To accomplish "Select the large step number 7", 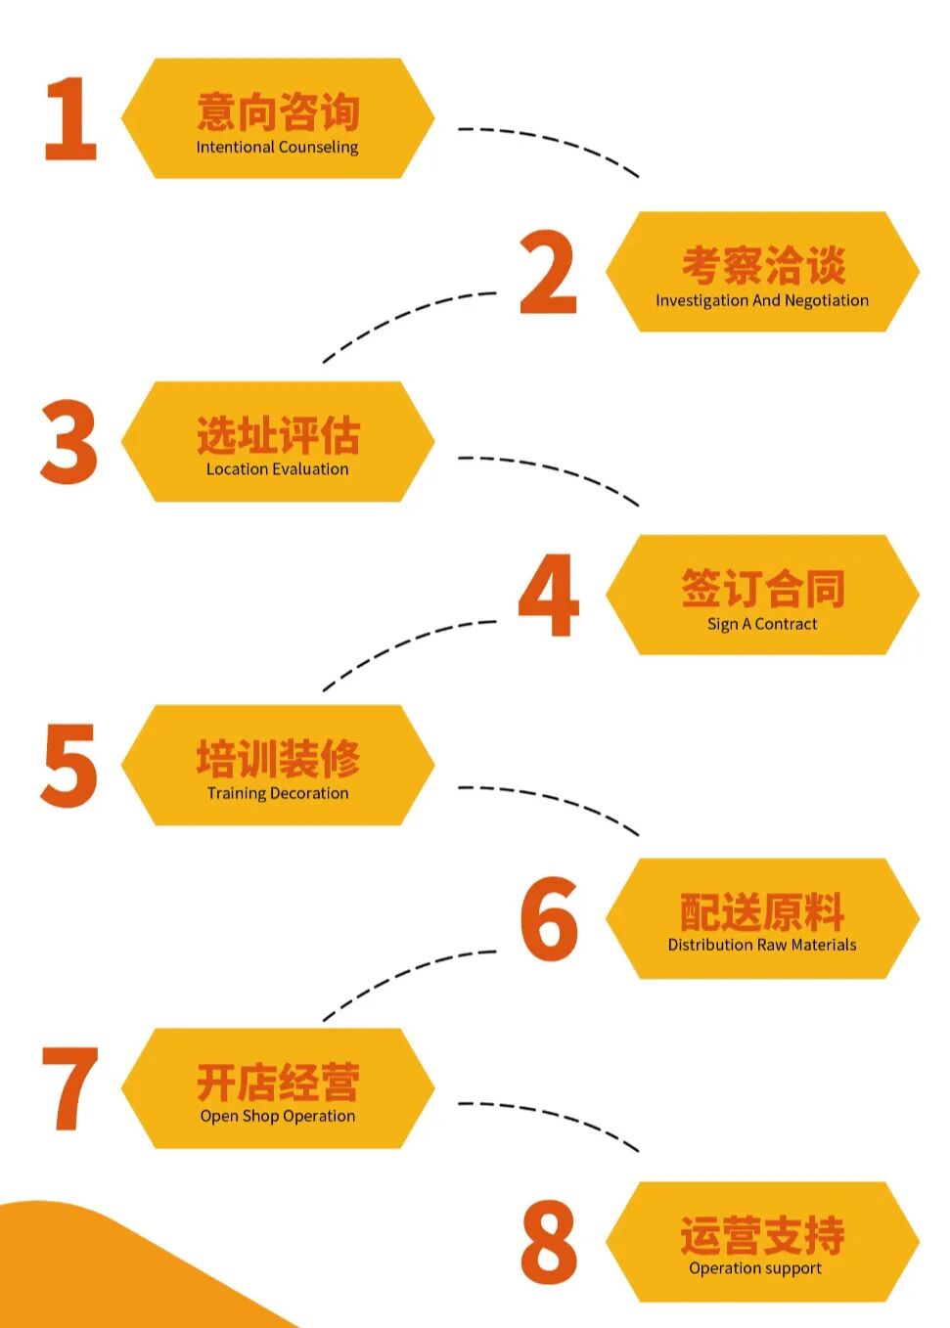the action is [70, 1088].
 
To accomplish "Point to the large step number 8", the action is [549, 1242].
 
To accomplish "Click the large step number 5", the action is [69, 765].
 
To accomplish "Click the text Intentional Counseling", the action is [277, 148].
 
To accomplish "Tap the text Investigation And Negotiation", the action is [761, 300].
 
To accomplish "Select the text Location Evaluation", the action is [277, 469].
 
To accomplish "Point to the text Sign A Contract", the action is [761, 624].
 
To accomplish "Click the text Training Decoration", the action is [277, 793].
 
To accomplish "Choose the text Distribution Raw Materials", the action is [761, 945].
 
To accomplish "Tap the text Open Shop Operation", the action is [277, 1116].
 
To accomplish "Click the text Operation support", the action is [754, 1268].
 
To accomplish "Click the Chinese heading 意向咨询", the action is [278, 111].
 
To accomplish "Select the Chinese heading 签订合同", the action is [762, 589].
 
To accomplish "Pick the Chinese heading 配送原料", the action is [762, 911].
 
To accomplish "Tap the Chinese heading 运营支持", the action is [762, 1235].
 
